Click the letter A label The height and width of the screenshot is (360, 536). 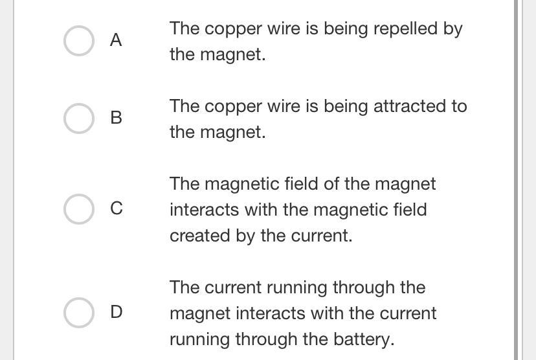click(116, 40)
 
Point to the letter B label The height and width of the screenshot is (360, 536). click(116, 118)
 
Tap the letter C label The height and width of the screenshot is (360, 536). click(116, 208)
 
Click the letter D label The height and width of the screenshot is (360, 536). click(116, 312)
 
